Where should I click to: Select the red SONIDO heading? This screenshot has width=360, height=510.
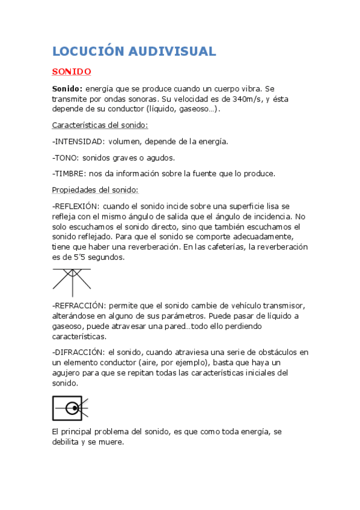tap(72, 72)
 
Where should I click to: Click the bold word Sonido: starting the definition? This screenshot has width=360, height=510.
tap(67, 88)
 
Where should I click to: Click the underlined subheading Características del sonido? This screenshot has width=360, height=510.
tap(100, 125)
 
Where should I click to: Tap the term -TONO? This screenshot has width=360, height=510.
tap(66, 158)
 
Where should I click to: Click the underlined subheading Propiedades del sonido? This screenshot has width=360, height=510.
tap(96, 190)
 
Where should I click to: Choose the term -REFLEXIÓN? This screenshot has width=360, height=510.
tap(78, 206)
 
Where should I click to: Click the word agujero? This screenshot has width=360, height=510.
tap(67, 373)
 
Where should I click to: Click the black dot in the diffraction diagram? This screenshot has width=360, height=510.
tap(75, 408)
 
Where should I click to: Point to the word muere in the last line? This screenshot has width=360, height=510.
tap(112, 442)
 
